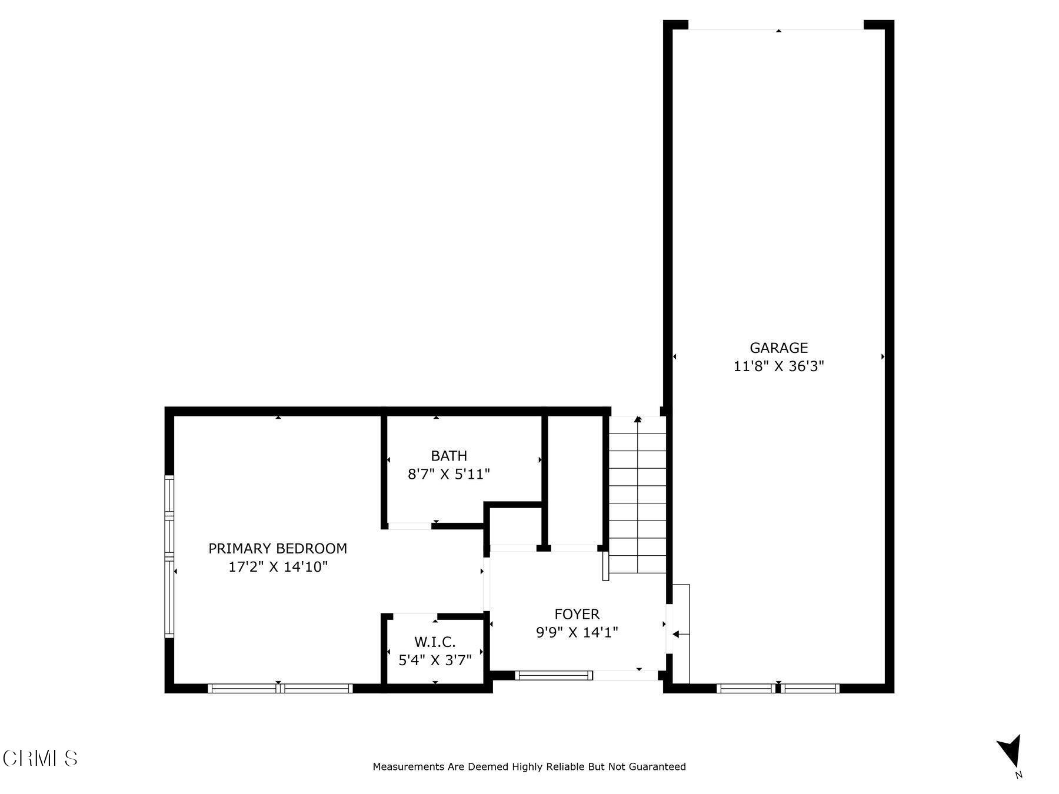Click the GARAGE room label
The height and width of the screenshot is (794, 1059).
tap(778, 348)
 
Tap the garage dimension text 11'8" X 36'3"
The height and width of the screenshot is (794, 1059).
tap(778, 366)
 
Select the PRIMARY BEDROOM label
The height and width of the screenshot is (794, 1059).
tap(278, 549)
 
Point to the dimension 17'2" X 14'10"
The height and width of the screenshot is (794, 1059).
tap(278, 567)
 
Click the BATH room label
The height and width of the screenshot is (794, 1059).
tap(449, 456)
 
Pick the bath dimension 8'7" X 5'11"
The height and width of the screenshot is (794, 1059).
tap(449, 474)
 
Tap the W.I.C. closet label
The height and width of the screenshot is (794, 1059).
tap(435, 642)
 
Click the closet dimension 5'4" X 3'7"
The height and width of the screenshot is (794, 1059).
tap(435, 660)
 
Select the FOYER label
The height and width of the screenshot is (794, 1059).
tap(577, 614)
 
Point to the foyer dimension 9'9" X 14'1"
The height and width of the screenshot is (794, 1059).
tap(577, 632)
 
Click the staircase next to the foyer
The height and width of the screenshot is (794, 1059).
tap(637, 494)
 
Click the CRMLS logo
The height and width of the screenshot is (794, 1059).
tap(40, 758)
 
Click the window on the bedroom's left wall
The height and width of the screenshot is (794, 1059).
tap(169, 556)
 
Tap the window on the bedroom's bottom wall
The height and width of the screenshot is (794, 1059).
tap(281, 688)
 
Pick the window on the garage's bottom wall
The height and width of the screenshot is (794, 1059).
tap(778, 688)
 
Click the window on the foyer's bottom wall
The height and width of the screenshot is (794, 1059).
tap(554, 675)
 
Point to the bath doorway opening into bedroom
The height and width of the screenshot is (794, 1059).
tap(410, 526)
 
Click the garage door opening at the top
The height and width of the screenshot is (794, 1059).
tap(775, 26)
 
